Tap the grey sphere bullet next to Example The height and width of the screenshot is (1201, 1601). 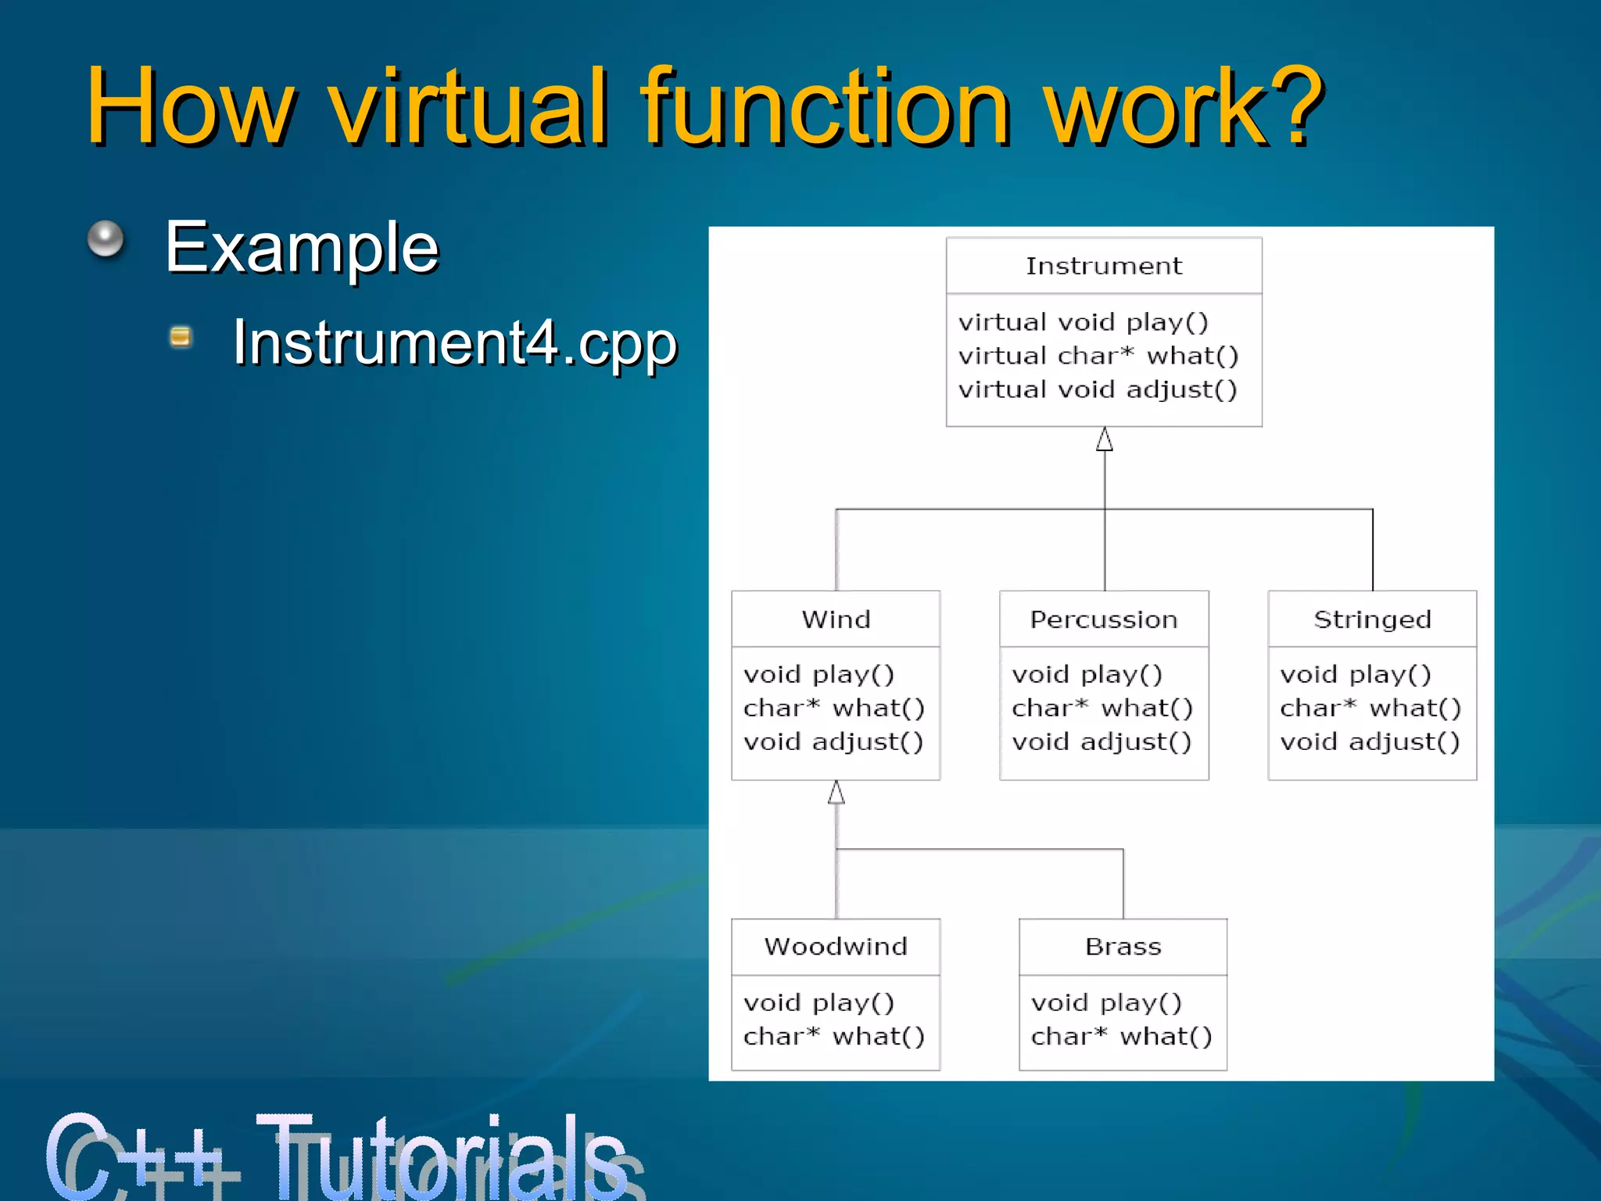(x=106, y=238)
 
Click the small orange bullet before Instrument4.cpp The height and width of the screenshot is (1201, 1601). (x=181, y=337)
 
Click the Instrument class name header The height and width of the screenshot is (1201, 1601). (x=1103, y=267)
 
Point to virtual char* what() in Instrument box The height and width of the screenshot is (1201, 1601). (x=1098, y=356)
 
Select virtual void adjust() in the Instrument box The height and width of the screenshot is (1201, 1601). (x=1098, y=389)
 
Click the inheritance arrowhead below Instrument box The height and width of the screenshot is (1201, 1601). (x=1104, y=439)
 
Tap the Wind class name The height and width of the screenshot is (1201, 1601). (x=836, y=619)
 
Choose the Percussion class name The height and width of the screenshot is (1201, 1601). (x=1103, y=619)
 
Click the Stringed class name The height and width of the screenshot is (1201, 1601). (x=1372, y=619)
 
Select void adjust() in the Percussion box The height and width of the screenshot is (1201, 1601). (x=1101, y=741)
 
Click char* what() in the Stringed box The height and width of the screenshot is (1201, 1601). (x=1370, y=708)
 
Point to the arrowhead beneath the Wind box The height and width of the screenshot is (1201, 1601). (x=836, y=793)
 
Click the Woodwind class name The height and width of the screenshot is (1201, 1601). (x=836, y=947)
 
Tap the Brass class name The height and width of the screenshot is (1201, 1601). (x=1123, y=947)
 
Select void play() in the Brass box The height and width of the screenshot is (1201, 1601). (x=1105, y=1002)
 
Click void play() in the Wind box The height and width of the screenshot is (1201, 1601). (x=818, y=674)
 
